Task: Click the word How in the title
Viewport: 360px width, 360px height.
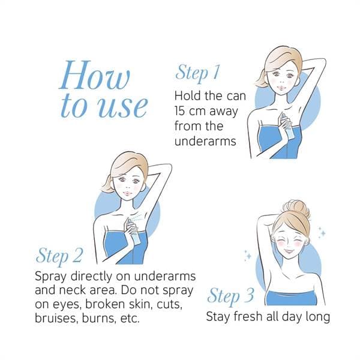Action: pos(94,75)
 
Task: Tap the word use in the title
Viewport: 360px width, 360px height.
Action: pos(122,107)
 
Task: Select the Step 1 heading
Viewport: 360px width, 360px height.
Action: pos(197,73)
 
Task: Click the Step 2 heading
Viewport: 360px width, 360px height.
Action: pos(59,256)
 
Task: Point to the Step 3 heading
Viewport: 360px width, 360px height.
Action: pos(230,296)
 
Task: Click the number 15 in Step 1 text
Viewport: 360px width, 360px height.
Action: pos(179,111)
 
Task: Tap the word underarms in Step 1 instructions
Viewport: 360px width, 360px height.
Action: pos(205,141)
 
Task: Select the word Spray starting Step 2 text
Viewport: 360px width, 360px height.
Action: pos(50,277)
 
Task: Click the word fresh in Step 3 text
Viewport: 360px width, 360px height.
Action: pos(248,316)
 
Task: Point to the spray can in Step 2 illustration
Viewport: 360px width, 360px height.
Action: pos(134,231)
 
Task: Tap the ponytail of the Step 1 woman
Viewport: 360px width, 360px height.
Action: pos(260,80)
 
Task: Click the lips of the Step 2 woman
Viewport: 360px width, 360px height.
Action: pos(127,193)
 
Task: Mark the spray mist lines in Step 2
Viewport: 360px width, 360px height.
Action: pos(139,218)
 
